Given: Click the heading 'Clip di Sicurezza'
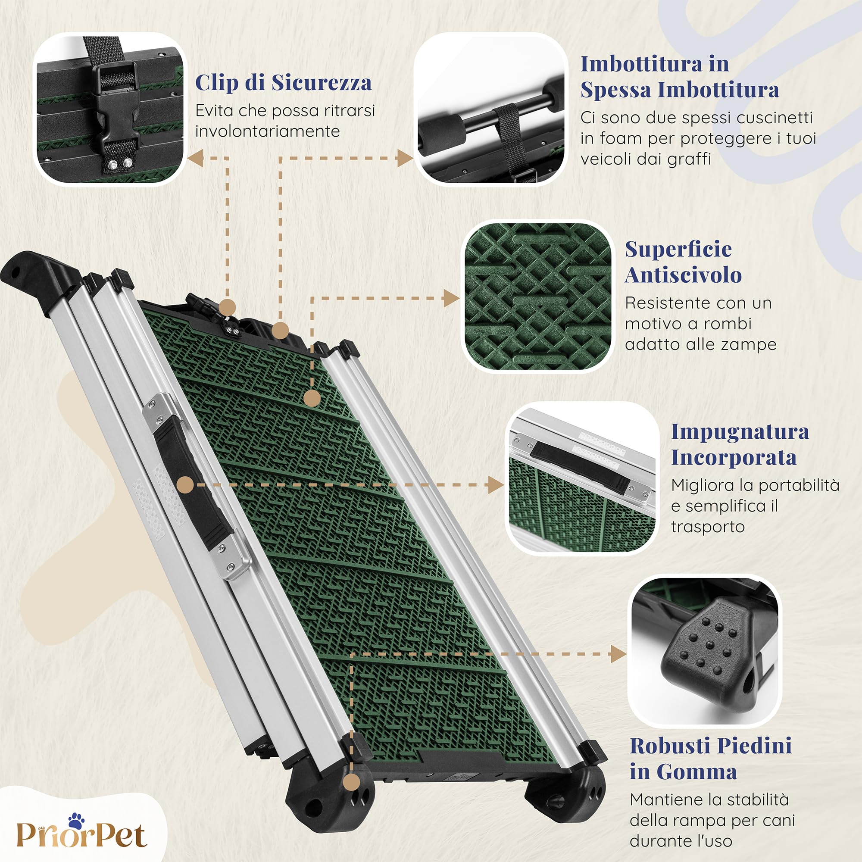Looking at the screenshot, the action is pos(283,83).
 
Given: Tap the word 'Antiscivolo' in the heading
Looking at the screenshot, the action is pos(683,275).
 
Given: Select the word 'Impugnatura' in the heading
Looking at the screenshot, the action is pos(740,432).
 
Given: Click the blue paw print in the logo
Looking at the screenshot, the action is pos(76,821).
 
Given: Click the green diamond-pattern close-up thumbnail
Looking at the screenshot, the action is pos(537,296).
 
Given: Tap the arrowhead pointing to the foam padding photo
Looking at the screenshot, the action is pos(405,158).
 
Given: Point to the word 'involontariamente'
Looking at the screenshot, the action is pos(267,131).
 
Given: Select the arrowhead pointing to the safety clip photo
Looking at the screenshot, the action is pos(195,158).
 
